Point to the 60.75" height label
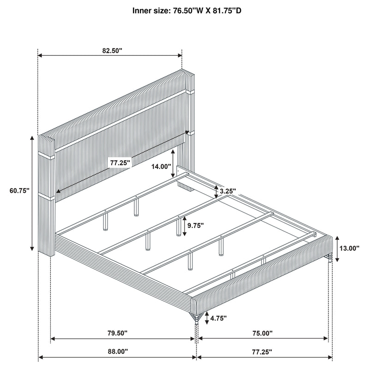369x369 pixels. [x=18, y=190]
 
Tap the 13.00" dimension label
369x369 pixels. [x=349, y=248]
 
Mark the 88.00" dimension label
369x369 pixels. [x=117, y=351]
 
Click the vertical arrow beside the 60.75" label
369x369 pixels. [x=32, y=193]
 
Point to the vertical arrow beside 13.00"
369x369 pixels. [x=337, y=248]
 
